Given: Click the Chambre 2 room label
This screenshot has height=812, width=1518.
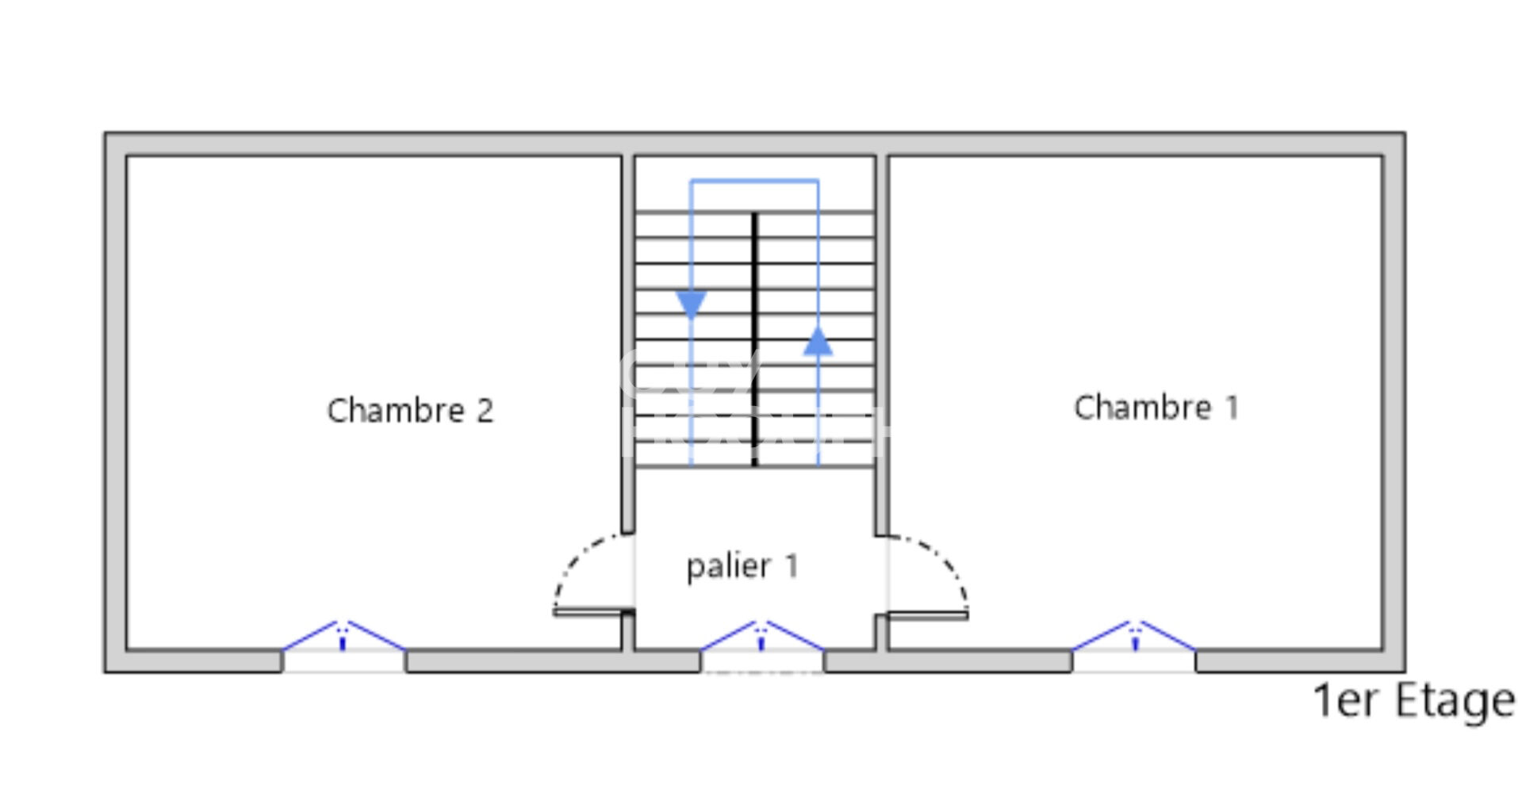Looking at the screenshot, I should point(410,411).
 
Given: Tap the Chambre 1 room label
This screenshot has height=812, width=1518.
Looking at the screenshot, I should point(1156,408).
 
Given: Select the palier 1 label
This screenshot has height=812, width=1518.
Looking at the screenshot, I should point(742,566).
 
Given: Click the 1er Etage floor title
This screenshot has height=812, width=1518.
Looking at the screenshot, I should point(1413,701).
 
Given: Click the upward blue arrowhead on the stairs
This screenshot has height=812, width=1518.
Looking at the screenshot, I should point(818,342).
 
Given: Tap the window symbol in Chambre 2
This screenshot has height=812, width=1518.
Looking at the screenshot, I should point(343,639).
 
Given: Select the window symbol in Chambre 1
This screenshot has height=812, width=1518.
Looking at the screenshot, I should point(1134,638).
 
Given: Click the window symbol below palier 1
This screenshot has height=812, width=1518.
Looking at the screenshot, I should point(761,639).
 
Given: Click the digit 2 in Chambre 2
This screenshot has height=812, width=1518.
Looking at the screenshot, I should point(484,411).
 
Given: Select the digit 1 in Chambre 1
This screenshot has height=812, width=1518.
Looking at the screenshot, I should point(1232,408).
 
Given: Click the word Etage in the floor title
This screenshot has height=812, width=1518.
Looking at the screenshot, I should point(1455,701).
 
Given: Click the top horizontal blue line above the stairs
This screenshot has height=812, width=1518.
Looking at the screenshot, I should point(754,182).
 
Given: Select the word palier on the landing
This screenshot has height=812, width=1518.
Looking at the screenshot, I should point(728,567).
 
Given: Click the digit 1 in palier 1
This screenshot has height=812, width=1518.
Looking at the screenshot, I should point(792,566).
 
